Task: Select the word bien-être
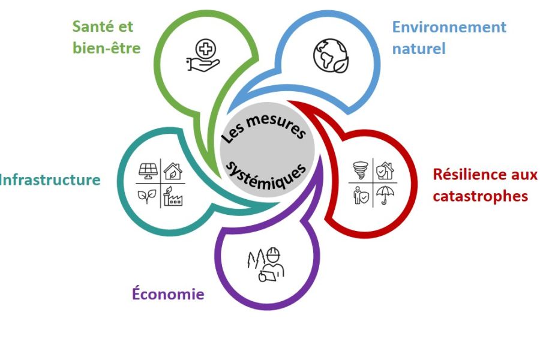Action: (x=106, y=48)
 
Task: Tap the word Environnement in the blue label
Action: (x=449, y=27)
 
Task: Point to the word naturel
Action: (x=418, y=49)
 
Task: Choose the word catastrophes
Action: (x=480, y=196)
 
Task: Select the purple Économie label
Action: (x=168, y=294)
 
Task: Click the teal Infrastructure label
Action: (x=49, y=179)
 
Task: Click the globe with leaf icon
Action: (x=329, y=55)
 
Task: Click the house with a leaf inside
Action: (x=173, y=171)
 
